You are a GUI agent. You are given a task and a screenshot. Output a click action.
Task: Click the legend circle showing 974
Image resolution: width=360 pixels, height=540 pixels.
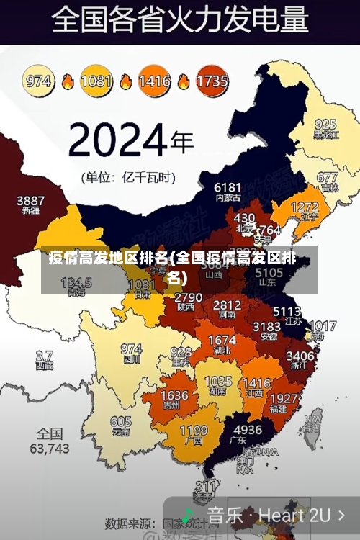39,81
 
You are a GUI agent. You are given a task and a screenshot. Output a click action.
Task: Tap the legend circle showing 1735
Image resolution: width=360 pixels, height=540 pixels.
211,81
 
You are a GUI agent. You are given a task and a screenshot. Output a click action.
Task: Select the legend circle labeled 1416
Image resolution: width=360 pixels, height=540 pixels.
154,81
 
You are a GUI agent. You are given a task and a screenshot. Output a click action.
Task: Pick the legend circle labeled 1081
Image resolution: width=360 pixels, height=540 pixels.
96,81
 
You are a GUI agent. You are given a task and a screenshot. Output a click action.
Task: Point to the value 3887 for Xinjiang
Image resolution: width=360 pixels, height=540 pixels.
30,200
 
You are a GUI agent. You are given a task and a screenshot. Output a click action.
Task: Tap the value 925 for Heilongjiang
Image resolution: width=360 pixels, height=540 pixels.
325,124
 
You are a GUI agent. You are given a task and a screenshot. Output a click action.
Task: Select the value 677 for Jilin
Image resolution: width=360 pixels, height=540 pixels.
327,177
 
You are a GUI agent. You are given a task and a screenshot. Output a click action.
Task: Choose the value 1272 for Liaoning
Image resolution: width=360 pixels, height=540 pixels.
304,207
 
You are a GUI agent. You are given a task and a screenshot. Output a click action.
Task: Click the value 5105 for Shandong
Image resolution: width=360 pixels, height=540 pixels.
269,273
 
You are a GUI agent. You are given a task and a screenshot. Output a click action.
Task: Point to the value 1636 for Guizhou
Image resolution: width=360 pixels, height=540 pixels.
174,395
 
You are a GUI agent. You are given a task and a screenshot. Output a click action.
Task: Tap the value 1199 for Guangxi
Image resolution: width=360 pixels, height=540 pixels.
194,432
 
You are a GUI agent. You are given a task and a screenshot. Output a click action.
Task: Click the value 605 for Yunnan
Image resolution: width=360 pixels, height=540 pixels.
121,422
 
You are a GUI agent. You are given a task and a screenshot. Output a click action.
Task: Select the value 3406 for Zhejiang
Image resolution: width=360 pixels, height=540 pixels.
300,355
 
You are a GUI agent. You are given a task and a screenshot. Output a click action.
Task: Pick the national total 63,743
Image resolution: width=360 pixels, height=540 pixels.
50,448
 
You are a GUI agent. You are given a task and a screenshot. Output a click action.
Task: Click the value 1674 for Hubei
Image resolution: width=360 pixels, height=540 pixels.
222,340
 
